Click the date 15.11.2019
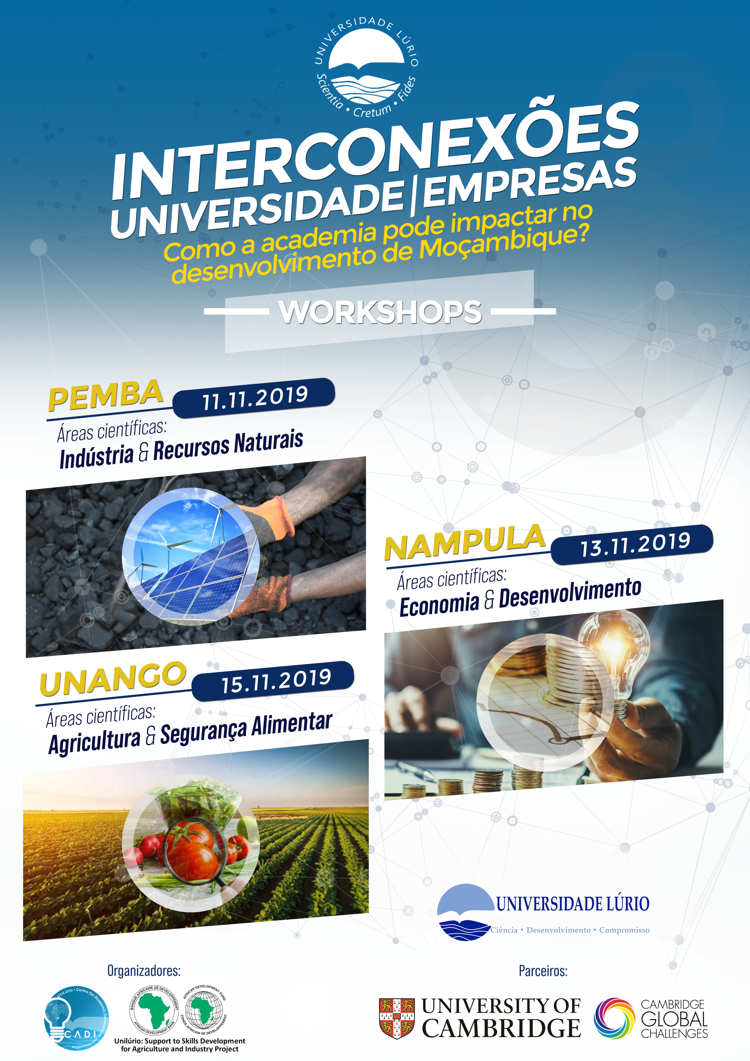click(x=276, y=681)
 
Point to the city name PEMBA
click(x=106, y=395)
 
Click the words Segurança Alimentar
click(x=246, y=729)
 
